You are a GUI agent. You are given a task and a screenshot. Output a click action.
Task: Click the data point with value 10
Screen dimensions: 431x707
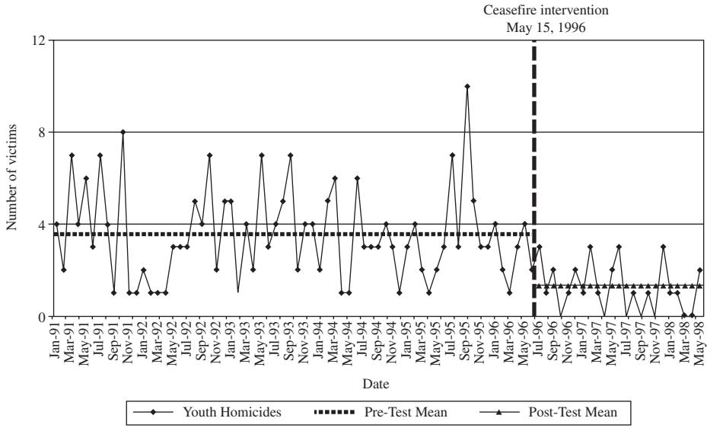(x=467, y=86)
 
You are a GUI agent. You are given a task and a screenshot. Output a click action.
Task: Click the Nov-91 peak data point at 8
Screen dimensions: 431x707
(x=123, y=132)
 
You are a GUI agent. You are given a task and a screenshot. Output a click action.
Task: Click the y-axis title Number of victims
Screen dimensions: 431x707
(x=12, y=178)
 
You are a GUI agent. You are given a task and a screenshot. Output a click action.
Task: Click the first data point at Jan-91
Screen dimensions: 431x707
(x=56, y=225)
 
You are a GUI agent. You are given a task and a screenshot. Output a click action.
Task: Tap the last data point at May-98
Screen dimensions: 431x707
(x=699, y=270)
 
